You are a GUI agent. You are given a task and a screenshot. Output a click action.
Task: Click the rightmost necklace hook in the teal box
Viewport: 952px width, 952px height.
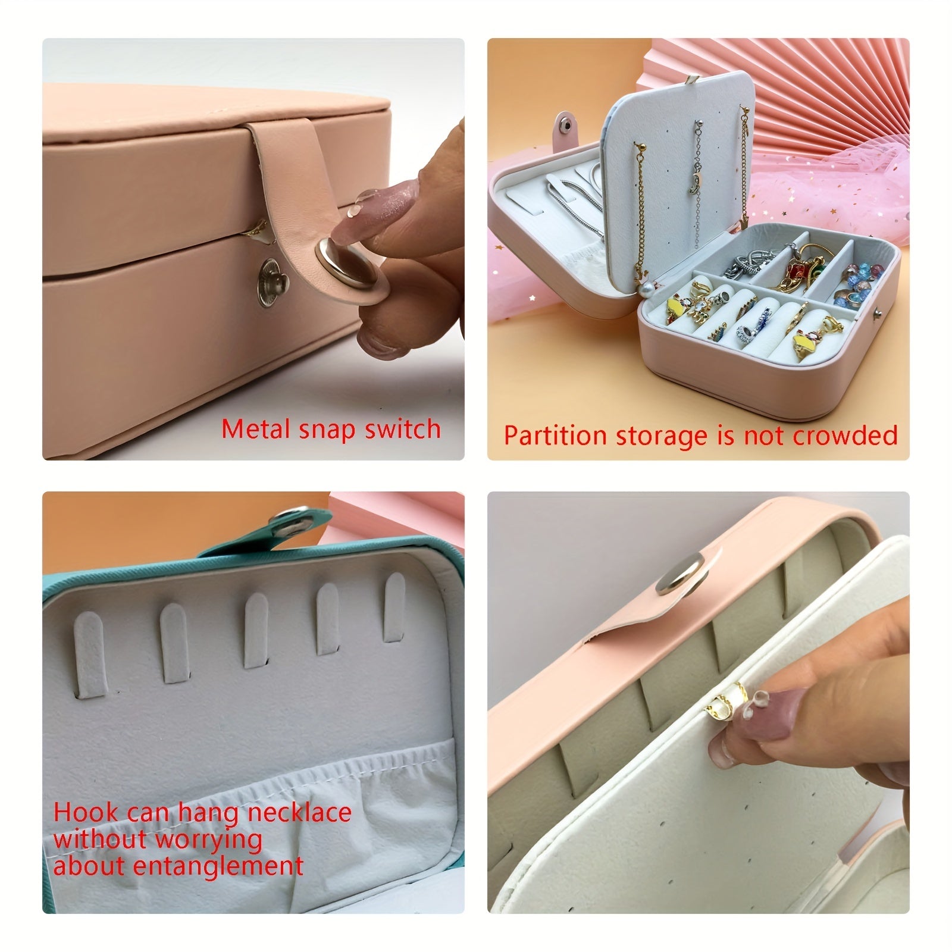[394, 607]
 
